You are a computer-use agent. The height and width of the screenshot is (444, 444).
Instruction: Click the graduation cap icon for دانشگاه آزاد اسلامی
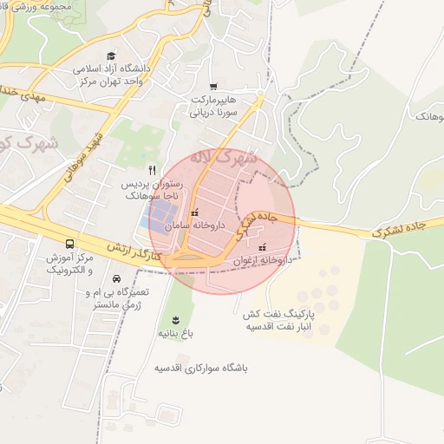(x=111, y=55)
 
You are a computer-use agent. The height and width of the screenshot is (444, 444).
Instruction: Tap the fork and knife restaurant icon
(x=153, y=171)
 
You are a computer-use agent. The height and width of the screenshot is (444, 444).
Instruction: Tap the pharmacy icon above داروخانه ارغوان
(x=262, y=248)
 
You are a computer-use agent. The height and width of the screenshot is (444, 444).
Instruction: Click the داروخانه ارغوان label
(x=259, y=260)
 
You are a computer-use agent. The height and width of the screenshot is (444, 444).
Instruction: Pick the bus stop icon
(x=69, y=244)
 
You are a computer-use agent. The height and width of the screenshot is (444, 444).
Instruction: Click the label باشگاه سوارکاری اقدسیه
(x=201, y=368)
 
